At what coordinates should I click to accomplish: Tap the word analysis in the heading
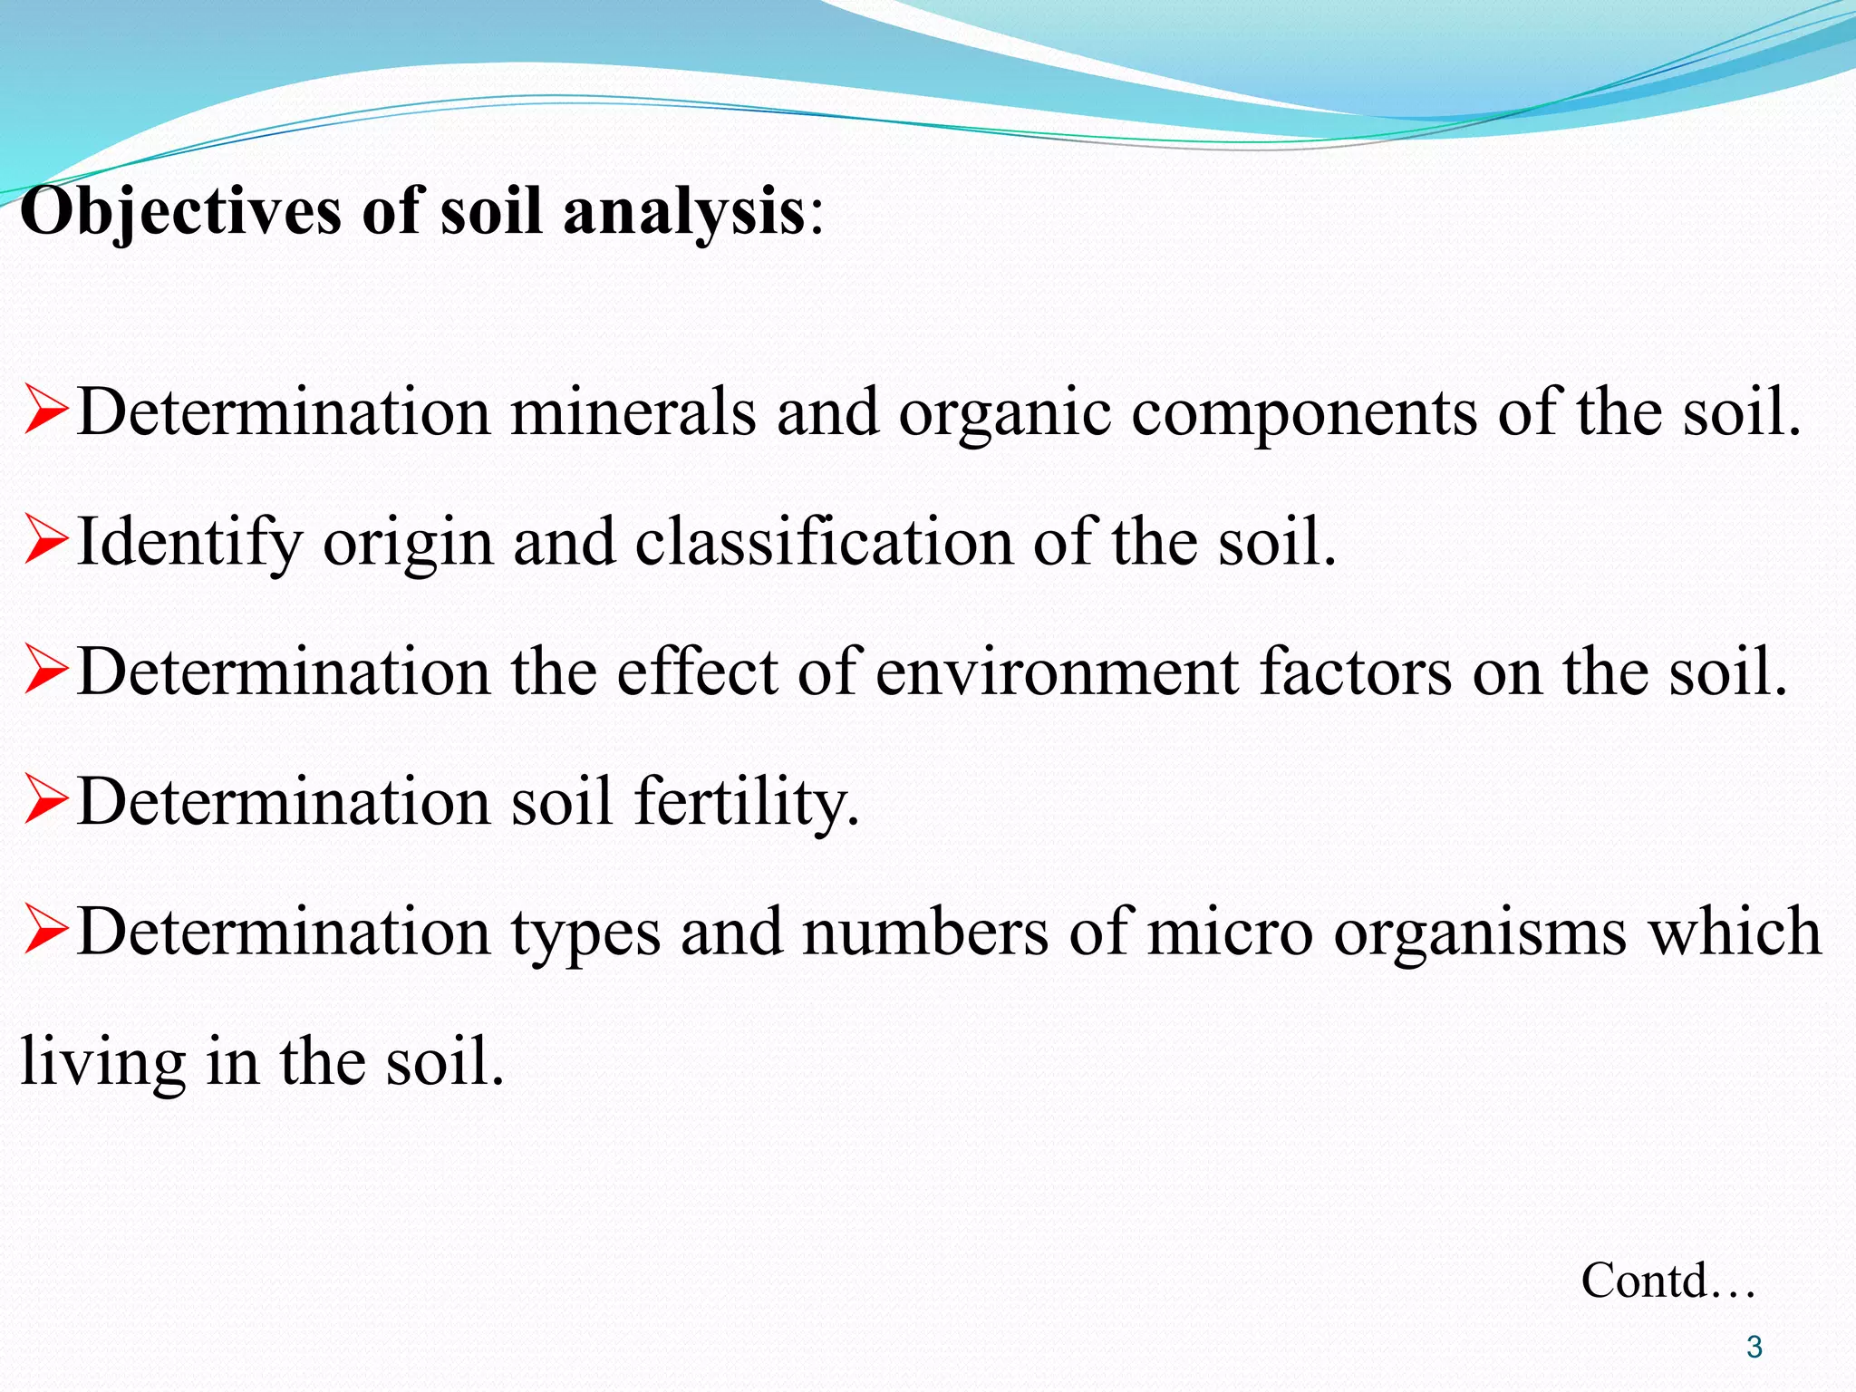click(x=683, y=212)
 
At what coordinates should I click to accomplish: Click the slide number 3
click(x=1754, y=1347)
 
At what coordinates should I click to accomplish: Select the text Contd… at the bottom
click(x=1668, y=1281)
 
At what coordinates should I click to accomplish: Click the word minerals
click(x=633, y=412)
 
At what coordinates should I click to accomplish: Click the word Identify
click(x=189, y=543)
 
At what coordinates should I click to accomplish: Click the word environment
click(x=1057, y=672)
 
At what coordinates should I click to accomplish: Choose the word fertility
click(x=746, y=803)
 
